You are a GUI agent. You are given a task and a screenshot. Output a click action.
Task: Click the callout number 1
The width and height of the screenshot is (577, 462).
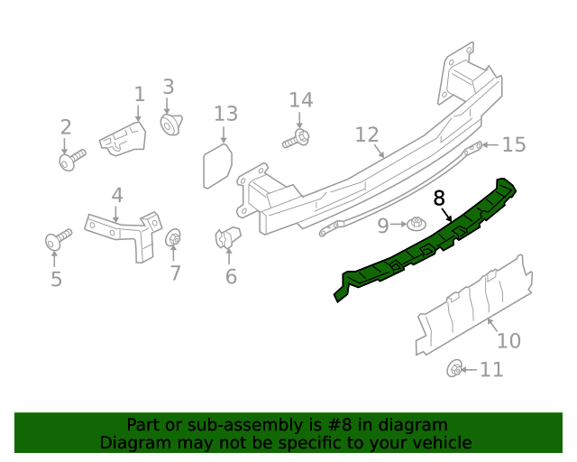point(139,94)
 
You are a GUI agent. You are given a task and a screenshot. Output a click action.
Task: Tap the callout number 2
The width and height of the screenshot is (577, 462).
point(65,127)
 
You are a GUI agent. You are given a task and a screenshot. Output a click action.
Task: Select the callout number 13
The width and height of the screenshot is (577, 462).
point(225,114)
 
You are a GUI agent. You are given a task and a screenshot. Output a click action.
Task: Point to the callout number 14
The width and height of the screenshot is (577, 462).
point(300,99)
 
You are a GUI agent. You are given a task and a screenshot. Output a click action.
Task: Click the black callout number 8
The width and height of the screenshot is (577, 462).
point(439,197)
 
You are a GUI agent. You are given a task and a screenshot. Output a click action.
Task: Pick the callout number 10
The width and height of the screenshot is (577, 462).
point(508,340)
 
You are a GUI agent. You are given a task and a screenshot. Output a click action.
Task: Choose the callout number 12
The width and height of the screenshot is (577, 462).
point(366,134)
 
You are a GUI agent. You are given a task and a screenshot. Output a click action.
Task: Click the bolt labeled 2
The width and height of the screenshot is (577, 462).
point(70,162)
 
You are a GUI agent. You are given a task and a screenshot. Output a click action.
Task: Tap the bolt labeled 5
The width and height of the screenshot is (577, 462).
point(58,241)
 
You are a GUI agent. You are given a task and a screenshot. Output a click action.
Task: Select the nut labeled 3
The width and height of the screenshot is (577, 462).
point(169,124)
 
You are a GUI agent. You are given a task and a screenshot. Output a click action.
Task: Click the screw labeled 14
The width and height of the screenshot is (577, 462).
point(298,138)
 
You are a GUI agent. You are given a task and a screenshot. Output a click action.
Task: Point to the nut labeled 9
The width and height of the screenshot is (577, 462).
point(416,223)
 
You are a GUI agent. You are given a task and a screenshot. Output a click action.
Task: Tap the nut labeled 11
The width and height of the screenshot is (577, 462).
point(456,368)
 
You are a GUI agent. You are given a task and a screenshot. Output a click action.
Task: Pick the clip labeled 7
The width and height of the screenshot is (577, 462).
point(174,239)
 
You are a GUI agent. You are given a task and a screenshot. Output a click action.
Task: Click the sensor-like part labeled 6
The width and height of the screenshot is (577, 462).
point(226,239)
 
